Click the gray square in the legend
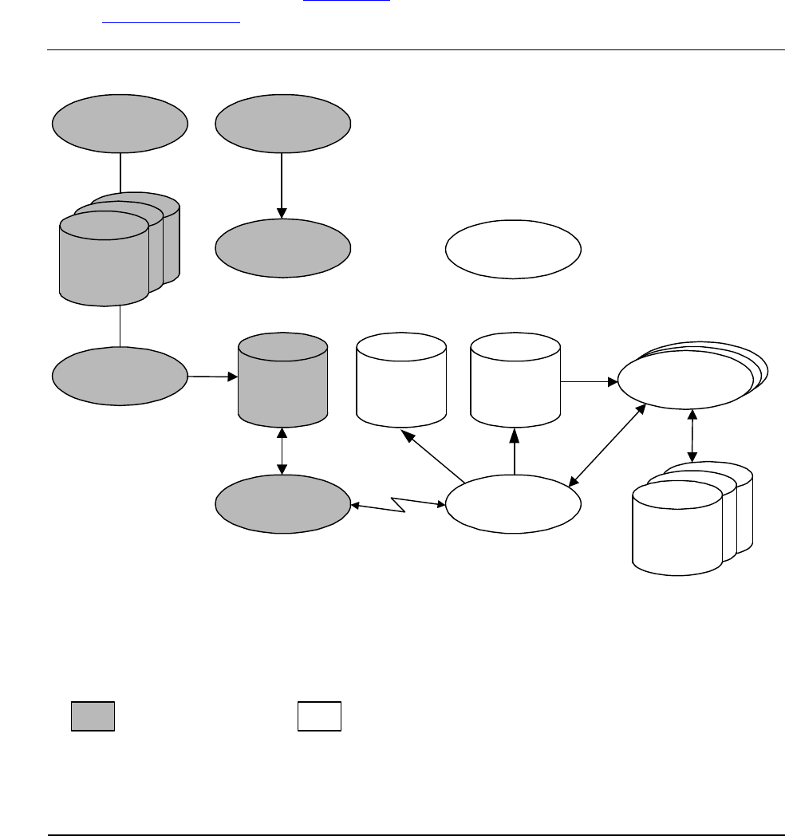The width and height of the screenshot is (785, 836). click(x=93, y=716)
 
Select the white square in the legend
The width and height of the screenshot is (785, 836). click(x=320, y=716)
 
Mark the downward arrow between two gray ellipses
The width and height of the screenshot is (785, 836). click(x=282, y=184)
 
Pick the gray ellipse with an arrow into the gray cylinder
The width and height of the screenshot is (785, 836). click(x=120, y=376)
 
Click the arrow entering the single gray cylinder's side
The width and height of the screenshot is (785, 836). click(x=213, y=375)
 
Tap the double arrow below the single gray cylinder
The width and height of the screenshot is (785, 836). click(x=282, y=452)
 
